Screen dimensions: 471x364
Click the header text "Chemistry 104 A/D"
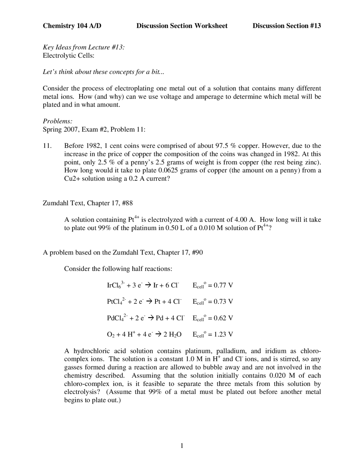tap(72, 26)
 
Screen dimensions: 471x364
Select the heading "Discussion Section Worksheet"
tap(182, 26)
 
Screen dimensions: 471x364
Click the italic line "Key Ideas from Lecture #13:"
tap(84, 47)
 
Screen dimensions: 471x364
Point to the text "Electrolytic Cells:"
tap(68, 55)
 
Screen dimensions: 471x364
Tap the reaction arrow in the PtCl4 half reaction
tap(149, 302)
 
